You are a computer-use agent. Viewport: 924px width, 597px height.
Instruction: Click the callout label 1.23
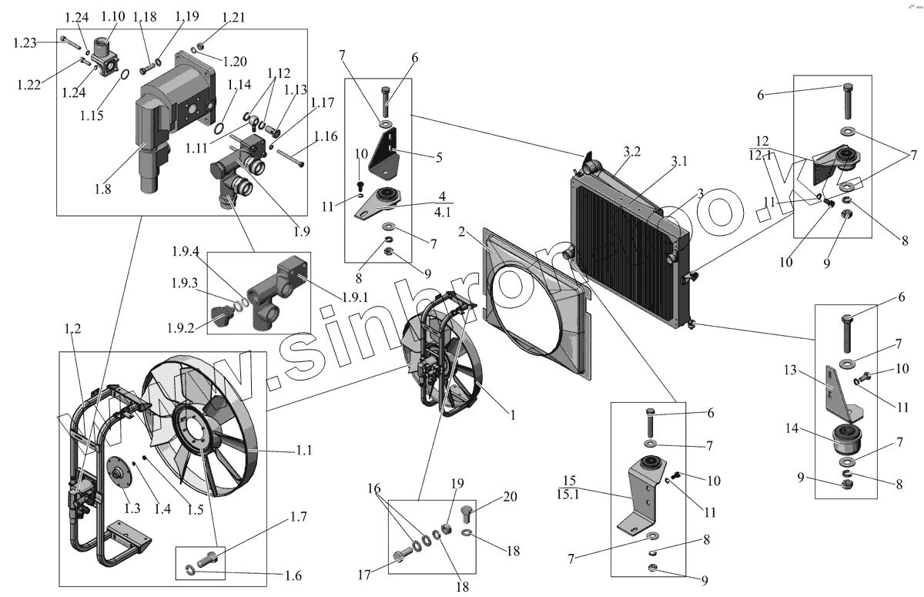coord(25,42)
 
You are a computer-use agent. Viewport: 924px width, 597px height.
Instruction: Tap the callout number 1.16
coord(326,137)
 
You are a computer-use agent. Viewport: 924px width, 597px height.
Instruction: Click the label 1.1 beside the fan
coord(303,451)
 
